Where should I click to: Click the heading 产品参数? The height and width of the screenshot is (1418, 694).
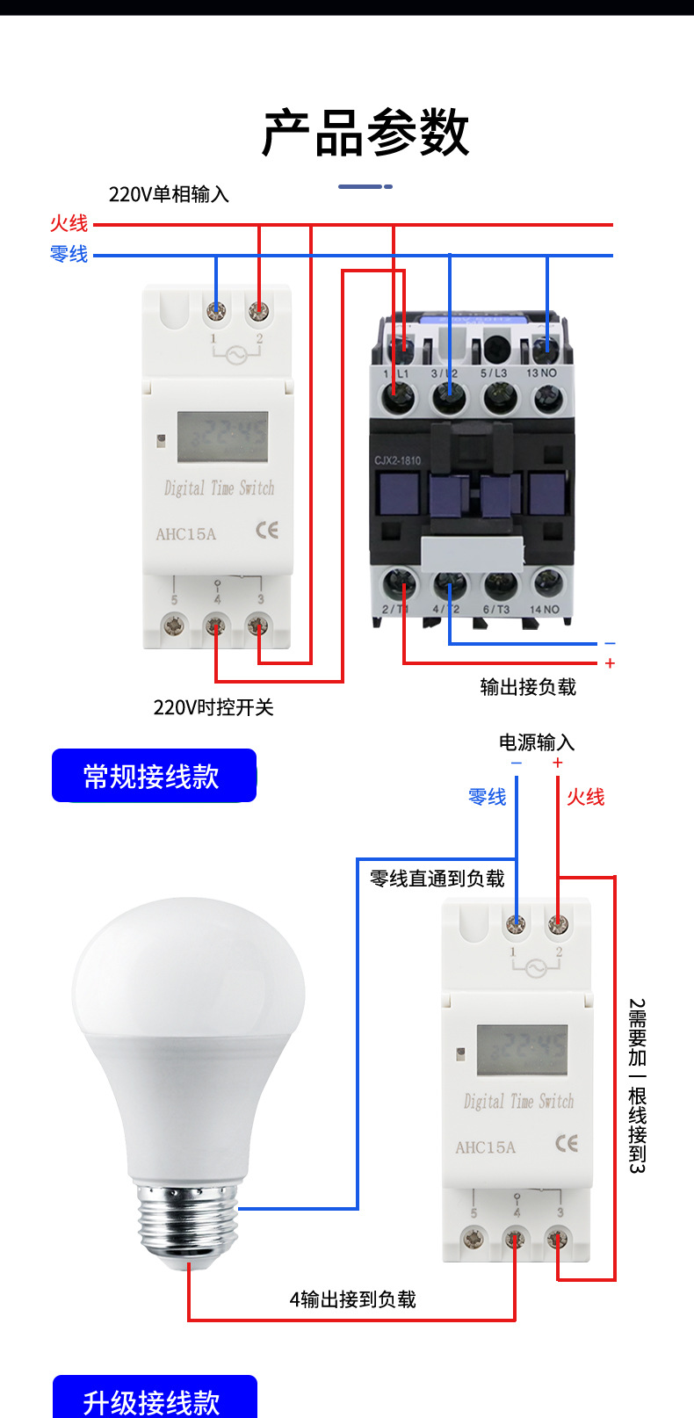(x=365, y=134)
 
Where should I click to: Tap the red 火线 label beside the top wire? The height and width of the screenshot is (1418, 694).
(x=69, y=224)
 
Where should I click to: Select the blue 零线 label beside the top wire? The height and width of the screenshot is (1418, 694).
(x=69, y=255)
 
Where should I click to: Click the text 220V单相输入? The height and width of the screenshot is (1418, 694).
(x=169, y=194)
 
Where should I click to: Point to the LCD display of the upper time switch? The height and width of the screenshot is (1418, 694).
(x=222, y=437)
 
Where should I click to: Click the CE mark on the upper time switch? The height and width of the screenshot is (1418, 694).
(x=267, y=530)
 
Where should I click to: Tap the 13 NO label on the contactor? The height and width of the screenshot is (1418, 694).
(x=541, y=373)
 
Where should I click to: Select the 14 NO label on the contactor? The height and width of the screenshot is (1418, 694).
(x=544, y=609)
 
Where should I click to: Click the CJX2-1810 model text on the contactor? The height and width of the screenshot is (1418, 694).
(x=398, y=460)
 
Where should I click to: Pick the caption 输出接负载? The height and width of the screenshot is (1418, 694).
(x=528, y=687)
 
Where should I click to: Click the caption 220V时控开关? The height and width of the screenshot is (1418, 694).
(x=213, y=707)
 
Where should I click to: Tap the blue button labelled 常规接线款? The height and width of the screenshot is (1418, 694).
(x=154, y=776)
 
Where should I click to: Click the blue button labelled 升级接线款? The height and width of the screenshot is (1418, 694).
(x=154, y=1400)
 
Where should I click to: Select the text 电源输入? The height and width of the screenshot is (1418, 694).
(x=537, y=742)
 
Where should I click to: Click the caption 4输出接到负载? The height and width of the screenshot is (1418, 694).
(x=352, y=1299)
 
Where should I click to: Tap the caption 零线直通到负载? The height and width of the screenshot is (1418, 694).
(x=437, y=879)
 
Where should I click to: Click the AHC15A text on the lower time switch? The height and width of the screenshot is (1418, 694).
(x=485, y=1147)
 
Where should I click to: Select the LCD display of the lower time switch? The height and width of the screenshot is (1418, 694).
(x=522, y=1050)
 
